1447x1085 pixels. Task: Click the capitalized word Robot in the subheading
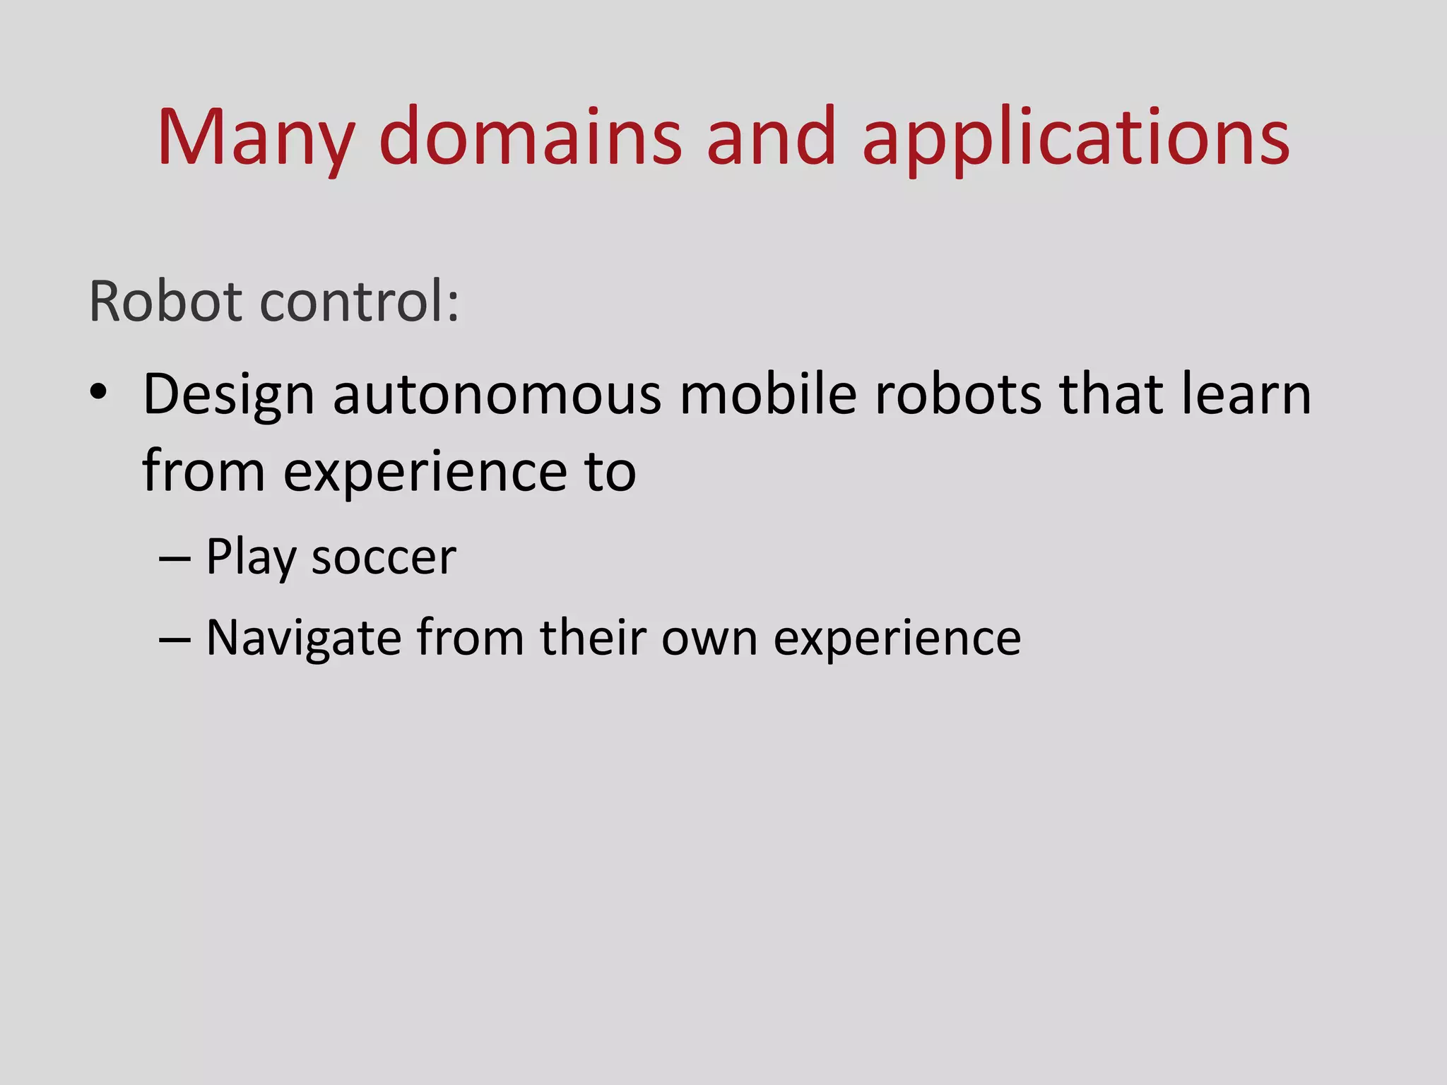165,302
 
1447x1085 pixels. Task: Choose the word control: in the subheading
360,302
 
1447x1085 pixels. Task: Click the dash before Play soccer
175,558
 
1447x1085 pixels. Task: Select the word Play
251,558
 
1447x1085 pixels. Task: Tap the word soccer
384,558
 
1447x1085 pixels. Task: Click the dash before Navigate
175,639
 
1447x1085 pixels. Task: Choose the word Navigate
304,639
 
